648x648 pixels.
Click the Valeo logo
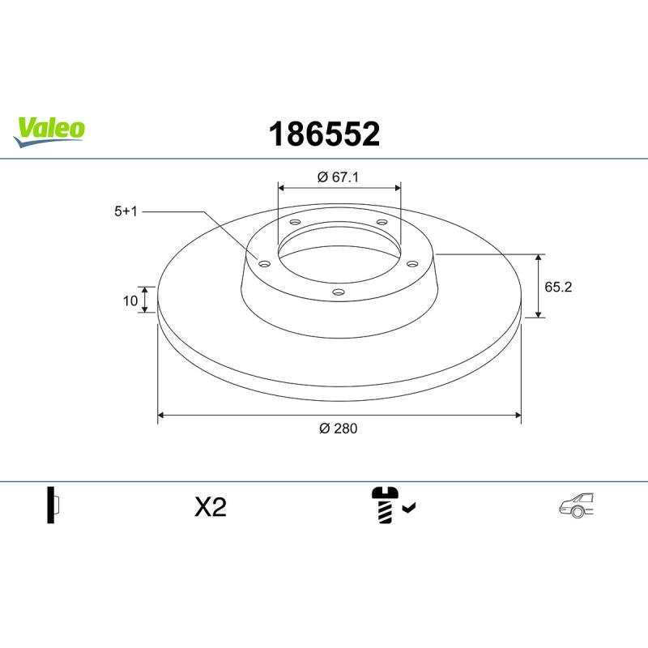click(x=49, y=131)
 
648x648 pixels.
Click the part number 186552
click(x=324, y=134)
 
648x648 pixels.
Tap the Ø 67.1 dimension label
click(x=338, y=177)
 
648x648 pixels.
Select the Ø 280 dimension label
click(x=338, y=428)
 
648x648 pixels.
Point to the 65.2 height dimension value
click(x=558, y=287)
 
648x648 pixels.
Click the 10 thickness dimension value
click(x=130, y=301)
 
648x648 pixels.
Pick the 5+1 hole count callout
click(x=126, y=211)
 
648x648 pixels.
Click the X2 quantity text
click(x=211, y=507)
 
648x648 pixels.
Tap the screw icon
click(x=385, y=505)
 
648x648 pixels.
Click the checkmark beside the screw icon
click(x=409, y=508)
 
